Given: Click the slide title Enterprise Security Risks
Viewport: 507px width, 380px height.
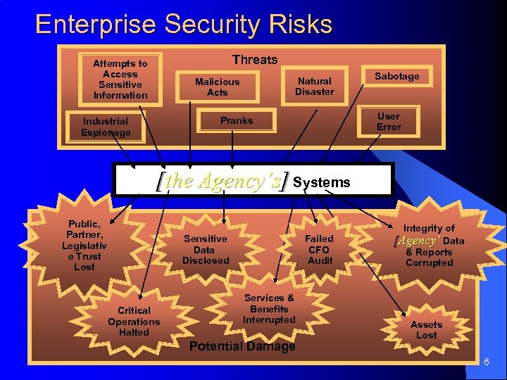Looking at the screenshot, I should pyautogui.click(x=183, y=24).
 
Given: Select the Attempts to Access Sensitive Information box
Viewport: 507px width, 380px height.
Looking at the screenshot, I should pyautogui.click(x=120, y=80).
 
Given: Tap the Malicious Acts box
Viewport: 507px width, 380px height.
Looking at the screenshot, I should pyautogui.click(x=217, y=87).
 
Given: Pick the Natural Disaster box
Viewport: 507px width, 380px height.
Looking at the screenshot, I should pyautogui.click(x=314, y=87).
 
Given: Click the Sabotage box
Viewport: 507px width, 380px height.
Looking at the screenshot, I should pyautogui.click(x=396, y=76).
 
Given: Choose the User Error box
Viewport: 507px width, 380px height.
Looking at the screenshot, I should pyautogui.click(x=388, y=122).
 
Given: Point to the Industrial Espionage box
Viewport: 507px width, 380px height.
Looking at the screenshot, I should pyautogui.click(x=106, y=127).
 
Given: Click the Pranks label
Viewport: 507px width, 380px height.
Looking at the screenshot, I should pyautogui.click(x=237, y=120).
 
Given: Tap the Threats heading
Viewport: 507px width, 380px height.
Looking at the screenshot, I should pyautogui.click(x=255, y=60).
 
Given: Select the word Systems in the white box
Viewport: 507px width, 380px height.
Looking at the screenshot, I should pyautogui.click(x=321, y=182).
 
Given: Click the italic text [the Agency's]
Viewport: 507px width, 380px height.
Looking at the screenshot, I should pyautogui.click(x=223, y=181).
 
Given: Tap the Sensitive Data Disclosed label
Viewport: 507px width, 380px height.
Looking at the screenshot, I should pyautogui.click(x=206, y=250).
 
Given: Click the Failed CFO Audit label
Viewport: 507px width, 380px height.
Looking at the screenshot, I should pyautogui.click(x=319, y=250).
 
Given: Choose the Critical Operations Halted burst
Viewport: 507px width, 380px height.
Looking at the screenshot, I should pyautogui.click(x=134, y=321).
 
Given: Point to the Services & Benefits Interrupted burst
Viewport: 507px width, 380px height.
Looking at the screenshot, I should pyautogui.click(x=269, y=309).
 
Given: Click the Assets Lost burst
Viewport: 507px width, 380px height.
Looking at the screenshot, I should pyautogui.click(x=427, y=329).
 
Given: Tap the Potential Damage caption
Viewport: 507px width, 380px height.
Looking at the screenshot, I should pyautogui.click(x=242, y=346).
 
